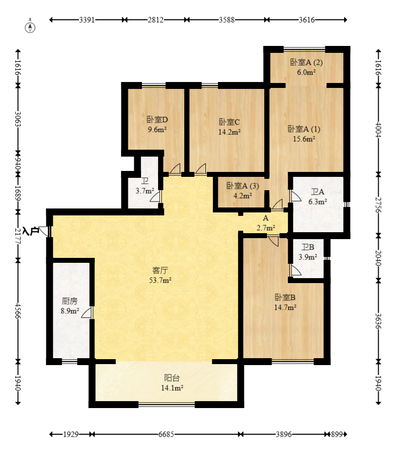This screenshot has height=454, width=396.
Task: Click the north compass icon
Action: pyautogui.click(x=30, y=26)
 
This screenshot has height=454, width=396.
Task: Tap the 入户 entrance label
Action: pyautogui.click(x=31, y=231)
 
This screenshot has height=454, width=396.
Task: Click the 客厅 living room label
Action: pyautogui.click(x=160, y=270)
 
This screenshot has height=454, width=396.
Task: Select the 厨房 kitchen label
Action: pyautogui.click(x=70, y=301)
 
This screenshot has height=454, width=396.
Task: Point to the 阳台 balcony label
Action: pyautogui.click(x=172, y=378)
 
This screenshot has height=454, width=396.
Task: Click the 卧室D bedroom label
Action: pyautogui.click(x=157, y=119)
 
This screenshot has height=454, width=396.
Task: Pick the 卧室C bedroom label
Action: pyautogui.click(x=229, y=122)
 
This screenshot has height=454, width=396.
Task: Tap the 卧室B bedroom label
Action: pyautogui.click(x=285, y=297)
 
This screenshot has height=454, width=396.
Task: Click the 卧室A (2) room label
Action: pyautogui.click(x=306, y=62)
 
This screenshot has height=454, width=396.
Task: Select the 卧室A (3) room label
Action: pyautogui.click(x=242, y=186)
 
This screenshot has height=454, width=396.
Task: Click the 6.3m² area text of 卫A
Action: pyautogui.click(x=317, y=202)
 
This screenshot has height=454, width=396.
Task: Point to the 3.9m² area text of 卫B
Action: pyautogui.click(x=308, y=257)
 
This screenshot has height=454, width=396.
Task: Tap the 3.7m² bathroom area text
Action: pyautogui.click(x=145, y=191)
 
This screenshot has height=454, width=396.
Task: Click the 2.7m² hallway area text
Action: pyautogui.click(x=266, y=228)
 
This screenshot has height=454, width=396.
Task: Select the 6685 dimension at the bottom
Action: pyautogui.click(x=166, y=434)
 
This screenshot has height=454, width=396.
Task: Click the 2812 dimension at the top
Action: pyautogui.click(x=156, y=20)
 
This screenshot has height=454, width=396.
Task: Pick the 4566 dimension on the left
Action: pyautogui.click(x=18, y=311)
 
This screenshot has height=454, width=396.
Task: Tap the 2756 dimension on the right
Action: pyautogui.click(x=378, y=205)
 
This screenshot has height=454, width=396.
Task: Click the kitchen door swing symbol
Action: pyautogui.click(x=86, y=313)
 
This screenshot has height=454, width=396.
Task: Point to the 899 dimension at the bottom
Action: pyautogui.click(x=336, y=434)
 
